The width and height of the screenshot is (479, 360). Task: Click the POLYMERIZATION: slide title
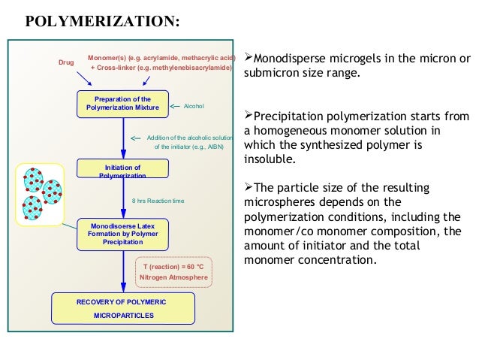click(103, 20)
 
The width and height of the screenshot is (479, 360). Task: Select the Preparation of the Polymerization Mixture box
click(123, 104)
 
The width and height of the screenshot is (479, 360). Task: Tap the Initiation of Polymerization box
click(123, 170)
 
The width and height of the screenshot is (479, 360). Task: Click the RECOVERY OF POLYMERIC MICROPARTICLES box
click(123, 308)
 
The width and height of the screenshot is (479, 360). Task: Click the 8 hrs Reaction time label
click(158, 201)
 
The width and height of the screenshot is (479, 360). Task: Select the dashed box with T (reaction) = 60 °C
click(175, 271)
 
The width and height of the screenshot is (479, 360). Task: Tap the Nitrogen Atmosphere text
click(175, 278)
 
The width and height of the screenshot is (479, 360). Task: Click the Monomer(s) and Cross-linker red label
click(161, 62)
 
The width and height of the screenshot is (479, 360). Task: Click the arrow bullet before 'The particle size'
click(249, 187)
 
